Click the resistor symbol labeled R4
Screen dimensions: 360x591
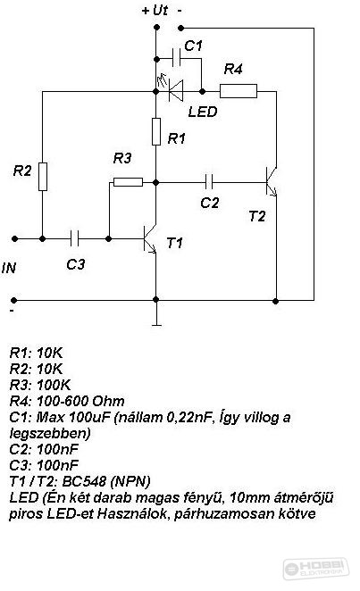pyautogui.click(x=239, y=91)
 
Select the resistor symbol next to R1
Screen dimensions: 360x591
pyautogui.click(x=156, y=131)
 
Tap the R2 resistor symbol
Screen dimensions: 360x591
pyautogui.click(x=43, y=177)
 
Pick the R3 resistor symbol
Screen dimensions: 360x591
pyautogui.click(x=128, y=182)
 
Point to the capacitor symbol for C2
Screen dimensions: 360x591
pyautogui.click(x=209, y=182)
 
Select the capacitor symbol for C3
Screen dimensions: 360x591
pyautogui.click(x=75, y=238)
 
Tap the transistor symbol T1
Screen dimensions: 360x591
pyautogui.click(x=150, y=239)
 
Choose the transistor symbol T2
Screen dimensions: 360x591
pyautogui.click(x=272, y=182)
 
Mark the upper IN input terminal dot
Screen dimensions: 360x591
pyautogui.click(x=14, y=238)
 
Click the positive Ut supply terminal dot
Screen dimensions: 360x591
pyautogui.click(x=157, y=28)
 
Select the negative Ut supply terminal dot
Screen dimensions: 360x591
pyautogui.click(x=181, y=28)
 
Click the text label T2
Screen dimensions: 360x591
pyautogui.click(x=257, y=216)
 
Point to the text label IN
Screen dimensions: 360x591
pyautogui.click(x=9, y=268)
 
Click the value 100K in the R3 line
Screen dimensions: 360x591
pyautogui.click(x=54, y=385)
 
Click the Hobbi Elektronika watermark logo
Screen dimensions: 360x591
pyautogui.click(x=316, y=568)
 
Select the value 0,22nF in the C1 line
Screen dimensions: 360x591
pyautogui.click(x=188, y=417)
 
